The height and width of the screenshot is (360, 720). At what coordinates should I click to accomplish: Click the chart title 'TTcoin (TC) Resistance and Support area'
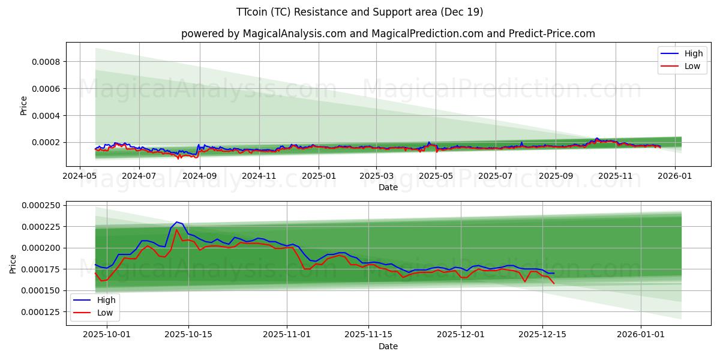359,12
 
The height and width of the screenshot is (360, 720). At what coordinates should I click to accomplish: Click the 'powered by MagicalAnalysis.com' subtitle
388,34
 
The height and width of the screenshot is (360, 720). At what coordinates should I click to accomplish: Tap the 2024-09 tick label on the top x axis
199,176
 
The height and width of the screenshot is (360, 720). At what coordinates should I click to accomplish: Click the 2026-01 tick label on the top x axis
674,176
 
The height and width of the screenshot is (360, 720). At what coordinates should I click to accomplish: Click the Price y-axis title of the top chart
24,106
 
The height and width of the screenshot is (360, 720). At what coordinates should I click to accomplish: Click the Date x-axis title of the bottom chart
388,346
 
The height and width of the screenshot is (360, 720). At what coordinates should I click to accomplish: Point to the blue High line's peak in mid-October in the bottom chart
176,222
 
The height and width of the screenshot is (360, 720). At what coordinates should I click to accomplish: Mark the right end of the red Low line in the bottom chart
554,283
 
